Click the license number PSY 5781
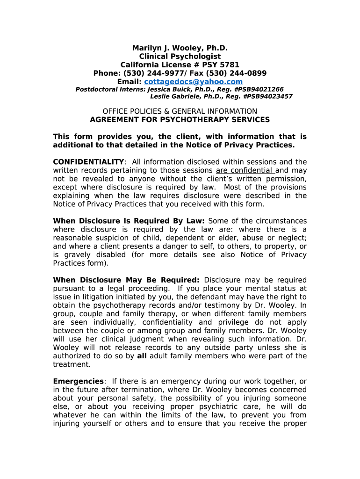click(x=219, y=65)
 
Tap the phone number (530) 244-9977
click(x=148, y=73)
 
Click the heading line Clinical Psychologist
click(x=180, y=56)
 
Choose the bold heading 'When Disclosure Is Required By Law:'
click(x=129, y=221)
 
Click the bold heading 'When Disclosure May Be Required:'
click(x=126, y=280)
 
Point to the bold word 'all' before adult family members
click(x=141, y=356)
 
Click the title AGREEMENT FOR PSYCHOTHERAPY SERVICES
click(x=180, y=119)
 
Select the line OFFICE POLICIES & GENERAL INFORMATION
click(x=180, y=111)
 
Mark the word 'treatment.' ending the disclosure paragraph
click(x=72, y=364)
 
